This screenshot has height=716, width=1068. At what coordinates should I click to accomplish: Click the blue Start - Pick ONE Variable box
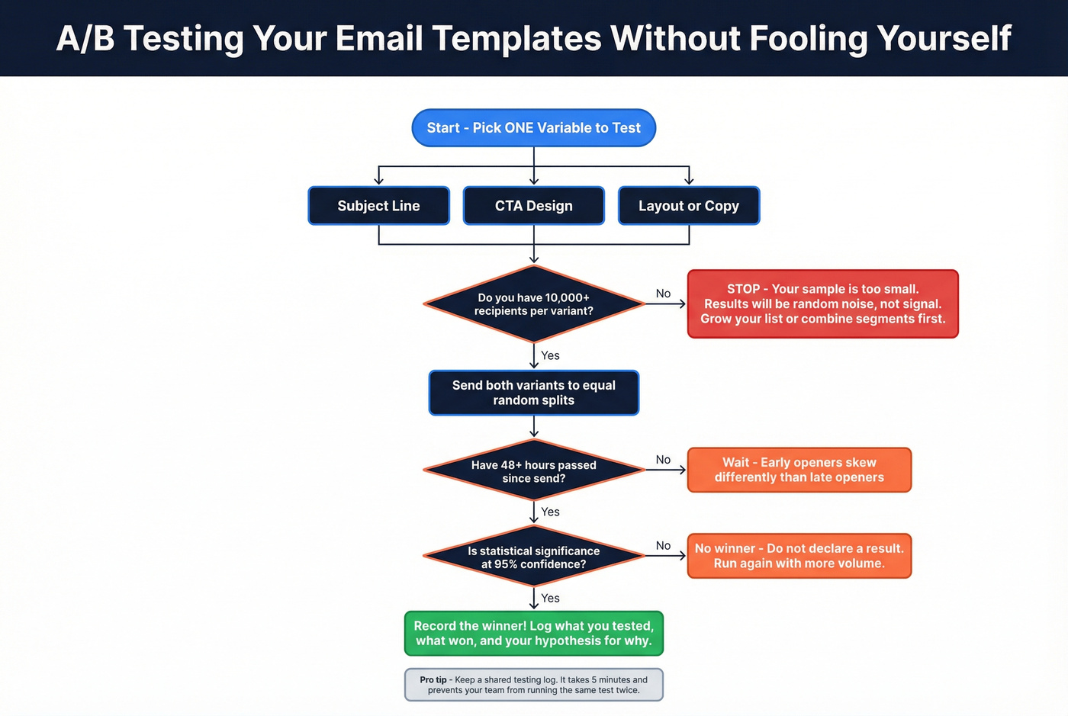click(x=533, y=128)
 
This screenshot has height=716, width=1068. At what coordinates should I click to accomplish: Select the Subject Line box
click(x=378, y=206)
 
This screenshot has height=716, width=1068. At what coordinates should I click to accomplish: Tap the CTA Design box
click(x=533, y=206)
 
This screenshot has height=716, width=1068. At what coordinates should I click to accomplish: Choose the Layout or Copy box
click(x=688, y=206)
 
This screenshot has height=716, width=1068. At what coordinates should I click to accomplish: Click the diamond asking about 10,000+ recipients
click(x=533, y=304)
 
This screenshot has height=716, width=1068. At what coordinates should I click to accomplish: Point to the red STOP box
click(x=822, y=304)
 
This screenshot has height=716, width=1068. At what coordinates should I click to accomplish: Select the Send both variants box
click(x=533, y=393)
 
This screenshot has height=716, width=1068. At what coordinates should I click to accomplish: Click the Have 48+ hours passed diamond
click(x=533, y=470)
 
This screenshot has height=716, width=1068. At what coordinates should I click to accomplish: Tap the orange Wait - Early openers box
click(x=799, y=470)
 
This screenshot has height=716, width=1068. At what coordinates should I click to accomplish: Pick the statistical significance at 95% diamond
click(x=533, y=557)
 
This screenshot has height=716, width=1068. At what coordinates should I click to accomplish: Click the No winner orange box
click(x=799, y=556)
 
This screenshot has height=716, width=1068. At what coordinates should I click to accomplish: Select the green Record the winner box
click(x=533, y=634)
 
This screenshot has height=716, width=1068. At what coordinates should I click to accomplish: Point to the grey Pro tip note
click(x=533, y=685)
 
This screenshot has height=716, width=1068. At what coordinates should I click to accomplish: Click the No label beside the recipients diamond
click(x=663, y=294)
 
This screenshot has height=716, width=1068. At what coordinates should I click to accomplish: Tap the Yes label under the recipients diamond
click(x=550, y=355)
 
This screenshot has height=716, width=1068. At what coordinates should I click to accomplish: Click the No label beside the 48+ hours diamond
click(x=663, y=460)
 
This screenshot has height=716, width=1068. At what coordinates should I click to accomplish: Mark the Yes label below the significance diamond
click(x=550, y=599)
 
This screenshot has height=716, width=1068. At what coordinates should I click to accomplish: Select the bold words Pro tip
click(x=433, y=680)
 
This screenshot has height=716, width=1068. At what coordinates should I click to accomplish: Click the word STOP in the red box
click(x=743, y=289)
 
